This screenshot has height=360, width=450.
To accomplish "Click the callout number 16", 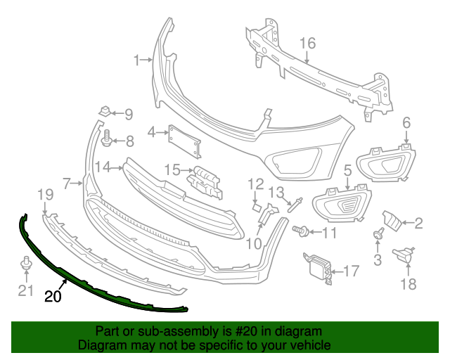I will coord(308,43).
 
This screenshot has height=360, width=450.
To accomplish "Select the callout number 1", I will coord(138,60).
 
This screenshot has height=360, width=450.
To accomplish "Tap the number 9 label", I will coord(129,113).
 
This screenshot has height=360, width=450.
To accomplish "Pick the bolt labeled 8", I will coord(107,139).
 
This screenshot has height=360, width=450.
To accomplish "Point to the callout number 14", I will coord(103,167).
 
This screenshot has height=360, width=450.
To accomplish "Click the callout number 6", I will coord(406,124).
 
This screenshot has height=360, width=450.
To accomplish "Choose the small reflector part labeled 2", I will coord(393,222).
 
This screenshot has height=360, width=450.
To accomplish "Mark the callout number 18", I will coord(408,284).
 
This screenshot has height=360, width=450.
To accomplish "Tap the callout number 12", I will coord(255,184).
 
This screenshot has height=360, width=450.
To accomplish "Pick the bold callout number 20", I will coord(53,296).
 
